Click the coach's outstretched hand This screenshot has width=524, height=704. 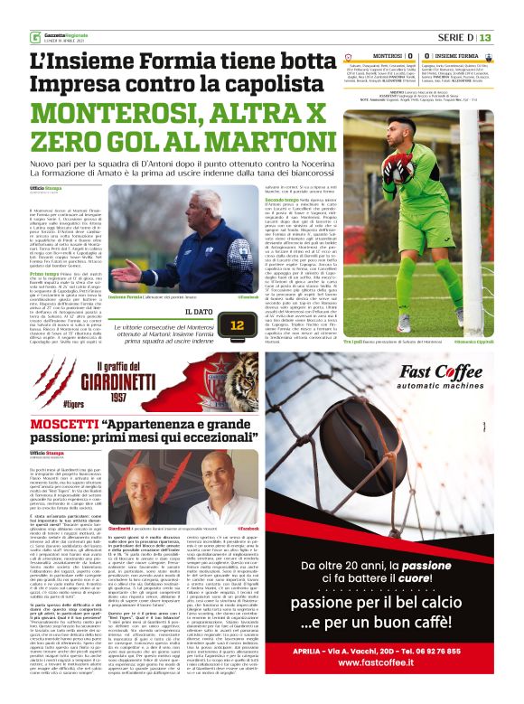[x=125, y=274]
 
